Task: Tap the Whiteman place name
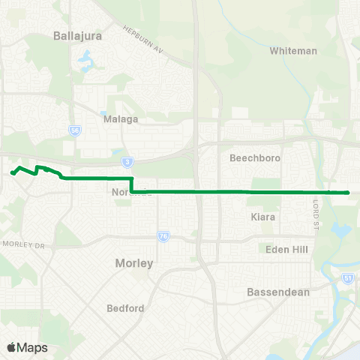pyautogui.click(x=293, y=51)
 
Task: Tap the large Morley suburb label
pyautogui.click(x=134, y=263)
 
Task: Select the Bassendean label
pyautogui.click(x=278, y=292)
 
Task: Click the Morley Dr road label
pyautogui.click(x=24, y=244)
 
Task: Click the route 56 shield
pyautogui.click(x=74, y=130)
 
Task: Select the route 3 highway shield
pyautogui.click(x=128, y=162)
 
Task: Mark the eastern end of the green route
pyautogui.click(x=349, y=193)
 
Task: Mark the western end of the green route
pyautogui.click(x=12, y=172)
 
